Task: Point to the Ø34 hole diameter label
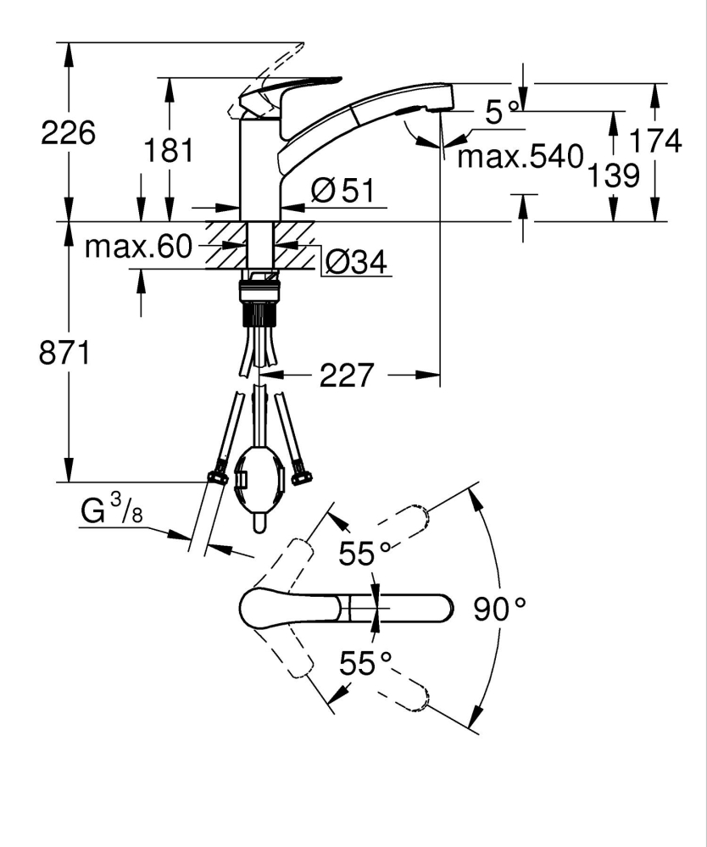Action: point(355,264)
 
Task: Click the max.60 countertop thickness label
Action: point(139,247)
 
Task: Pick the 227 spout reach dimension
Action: point(347,375)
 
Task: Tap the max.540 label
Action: point(521,156)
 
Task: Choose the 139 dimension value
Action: point(612,176)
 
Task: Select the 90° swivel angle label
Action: point(500,609)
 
